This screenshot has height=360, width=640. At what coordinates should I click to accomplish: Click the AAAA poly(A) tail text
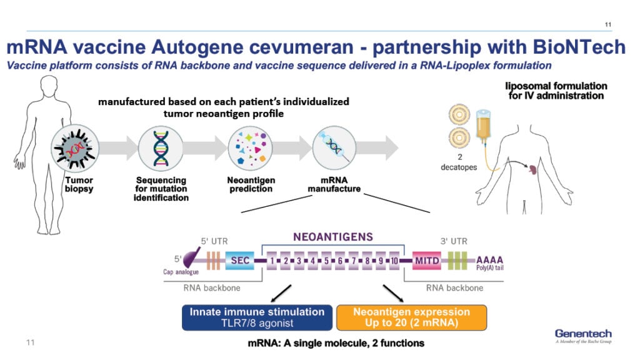(489, 259)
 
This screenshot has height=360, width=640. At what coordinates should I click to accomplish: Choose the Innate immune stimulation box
(257, 317)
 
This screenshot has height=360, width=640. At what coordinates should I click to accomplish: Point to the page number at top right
(608, 24)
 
